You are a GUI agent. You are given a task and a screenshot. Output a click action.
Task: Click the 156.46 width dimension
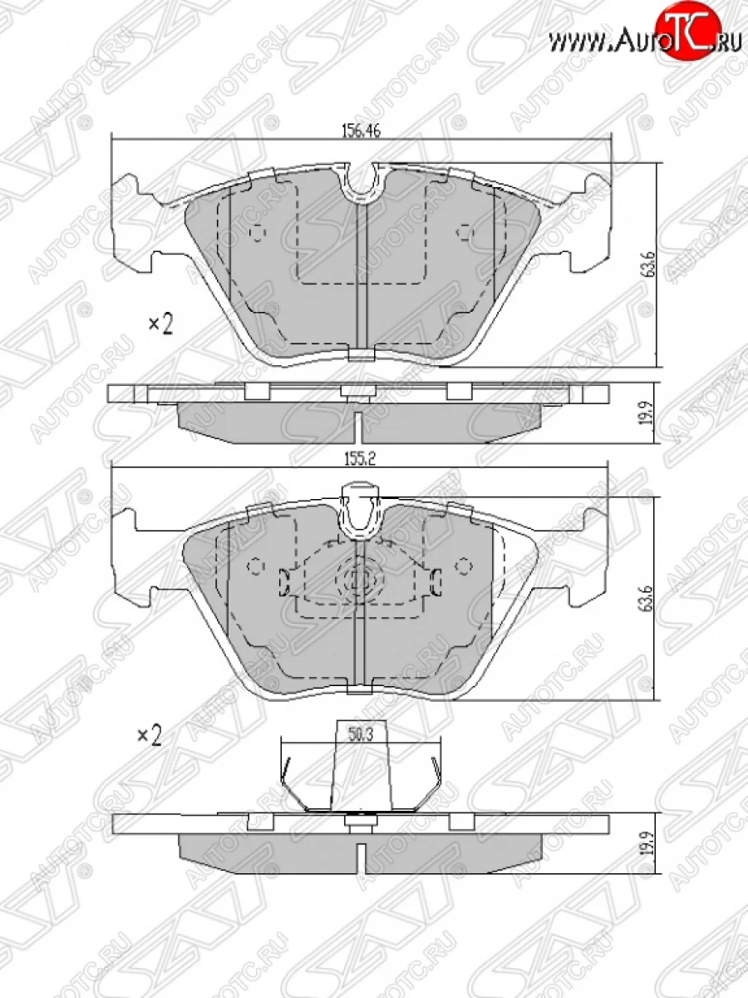pos(361,131)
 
